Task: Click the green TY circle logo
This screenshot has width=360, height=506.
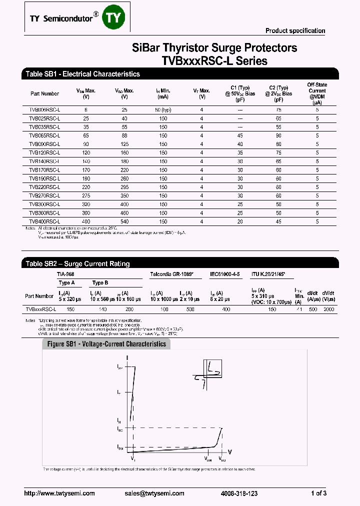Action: click(x=112, y=18)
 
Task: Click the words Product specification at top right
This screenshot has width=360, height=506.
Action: click(x=295, y=31)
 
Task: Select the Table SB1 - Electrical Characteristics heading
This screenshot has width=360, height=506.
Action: click(x=82, y=74)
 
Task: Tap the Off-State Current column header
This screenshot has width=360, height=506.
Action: click(x=317, y=93)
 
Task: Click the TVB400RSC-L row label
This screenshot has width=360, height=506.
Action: click(x=44, y=221)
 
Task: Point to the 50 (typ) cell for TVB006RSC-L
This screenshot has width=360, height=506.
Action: click(x=163, y=109)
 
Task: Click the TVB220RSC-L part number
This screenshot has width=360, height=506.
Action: click(x=44, y=187)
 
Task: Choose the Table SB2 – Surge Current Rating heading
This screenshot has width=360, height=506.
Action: click(x=77, y=263)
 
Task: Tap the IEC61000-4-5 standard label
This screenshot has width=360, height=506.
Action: click(x=225, y=274)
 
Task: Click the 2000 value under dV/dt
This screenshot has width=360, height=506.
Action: click(x=328, y=309)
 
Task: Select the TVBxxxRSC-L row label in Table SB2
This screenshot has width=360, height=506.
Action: click(x=40, y=309)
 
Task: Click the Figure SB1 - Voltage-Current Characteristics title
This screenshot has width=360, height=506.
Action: click(x=106, y=344)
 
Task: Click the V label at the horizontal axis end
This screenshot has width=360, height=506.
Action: click(x=229, y=451)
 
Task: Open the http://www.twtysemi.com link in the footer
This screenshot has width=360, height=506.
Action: click(x=59, y=493)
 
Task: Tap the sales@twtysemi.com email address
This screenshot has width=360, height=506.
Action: click(x=156, y=493)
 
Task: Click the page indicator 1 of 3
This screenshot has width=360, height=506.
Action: click(x=318, y=493)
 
